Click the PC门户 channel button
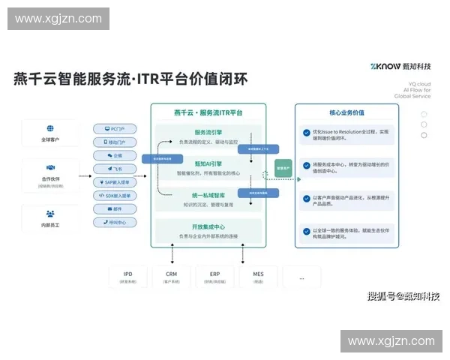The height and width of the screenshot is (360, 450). coord(116,127)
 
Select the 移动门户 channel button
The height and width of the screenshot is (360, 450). coord(116,141)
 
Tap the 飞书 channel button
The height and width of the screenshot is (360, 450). coord(116,169)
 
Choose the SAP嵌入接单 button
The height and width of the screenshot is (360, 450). coord(116,182)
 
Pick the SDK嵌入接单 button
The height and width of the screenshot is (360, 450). coord(116,196)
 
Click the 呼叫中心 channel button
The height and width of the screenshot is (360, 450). coord(116,223)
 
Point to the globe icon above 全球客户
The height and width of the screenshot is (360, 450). coord(51,128)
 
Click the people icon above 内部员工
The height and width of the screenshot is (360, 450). coord(51,213)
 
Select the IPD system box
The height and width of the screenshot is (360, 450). coord(128,277)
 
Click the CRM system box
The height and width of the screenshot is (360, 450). coord(171,277)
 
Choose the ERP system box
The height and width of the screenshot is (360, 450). coord(214,277)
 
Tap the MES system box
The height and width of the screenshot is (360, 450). coord(258,277)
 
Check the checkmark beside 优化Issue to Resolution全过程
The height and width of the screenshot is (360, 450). coord(306,134)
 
